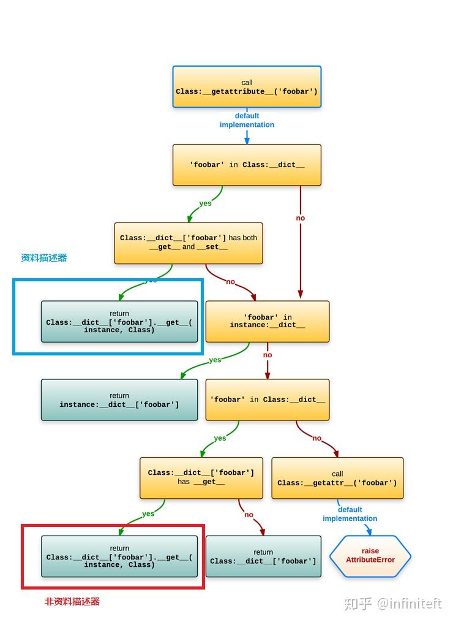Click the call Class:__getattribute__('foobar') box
(247, 87)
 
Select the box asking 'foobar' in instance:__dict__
(267, 321)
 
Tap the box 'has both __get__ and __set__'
(189, 243)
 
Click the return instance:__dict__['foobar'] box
(119, 400)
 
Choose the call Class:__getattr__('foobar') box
(337, 478)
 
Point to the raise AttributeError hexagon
(370, 556)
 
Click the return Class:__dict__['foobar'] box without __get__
(263, 556)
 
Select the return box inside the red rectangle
(119, 556)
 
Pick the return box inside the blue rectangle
(119, 321)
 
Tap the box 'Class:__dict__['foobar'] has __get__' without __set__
(201, 478)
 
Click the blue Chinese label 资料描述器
(43, 258)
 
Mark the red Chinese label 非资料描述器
(72, 602)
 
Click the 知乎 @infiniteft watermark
(392, 604)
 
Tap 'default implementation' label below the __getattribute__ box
(247, 120)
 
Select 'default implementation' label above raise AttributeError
(350, 514)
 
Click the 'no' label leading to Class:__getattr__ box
(316, 438)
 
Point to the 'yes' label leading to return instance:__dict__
(215, 360)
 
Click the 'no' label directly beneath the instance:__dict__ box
(268, 355)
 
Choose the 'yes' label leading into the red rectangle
(148, 514)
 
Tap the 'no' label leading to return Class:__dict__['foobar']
(249, 515)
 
